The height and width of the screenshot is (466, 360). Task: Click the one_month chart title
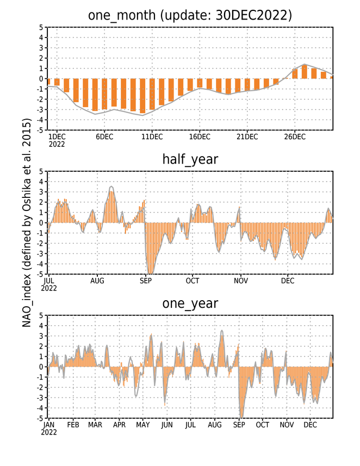(190, 15)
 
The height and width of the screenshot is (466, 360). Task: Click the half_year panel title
(190, 160)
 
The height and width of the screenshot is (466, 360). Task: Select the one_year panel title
(190, 303)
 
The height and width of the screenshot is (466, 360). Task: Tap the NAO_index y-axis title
(27, 223)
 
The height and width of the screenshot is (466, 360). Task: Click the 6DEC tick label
(104, 136)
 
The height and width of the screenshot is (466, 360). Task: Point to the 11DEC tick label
(152, 136)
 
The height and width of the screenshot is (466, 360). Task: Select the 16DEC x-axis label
(200, 136)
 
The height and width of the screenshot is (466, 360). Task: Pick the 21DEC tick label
(247, 136)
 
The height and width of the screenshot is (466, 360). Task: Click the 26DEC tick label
(295, 136)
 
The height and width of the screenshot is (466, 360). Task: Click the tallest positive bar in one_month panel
(305, 72)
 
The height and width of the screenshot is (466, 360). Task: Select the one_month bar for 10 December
(142, 96)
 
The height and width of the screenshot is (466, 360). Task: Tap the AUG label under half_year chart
(97, 281)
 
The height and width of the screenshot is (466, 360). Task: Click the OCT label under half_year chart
(193, 281)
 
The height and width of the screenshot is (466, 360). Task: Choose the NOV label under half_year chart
(241, 281)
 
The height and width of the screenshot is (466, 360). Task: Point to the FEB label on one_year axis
(73, 425)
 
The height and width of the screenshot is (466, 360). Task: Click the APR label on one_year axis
(119, 425)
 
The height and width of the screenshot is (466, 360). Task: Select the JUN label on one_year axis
(167, 425)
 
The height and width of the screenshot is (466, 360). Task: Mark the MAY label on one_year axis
(142, 425)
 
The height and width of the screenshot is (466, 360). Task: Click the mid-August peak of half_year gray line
(111, 187)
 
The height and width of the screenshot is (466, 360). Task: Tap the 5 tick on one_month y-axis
(41, 27)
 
